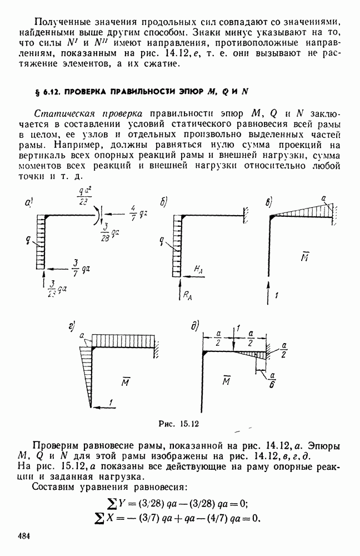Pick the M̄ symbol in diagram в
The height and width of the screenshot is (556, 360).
(304, 257)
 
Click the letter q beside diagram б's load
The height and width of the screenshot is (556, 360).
(161, 242)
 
